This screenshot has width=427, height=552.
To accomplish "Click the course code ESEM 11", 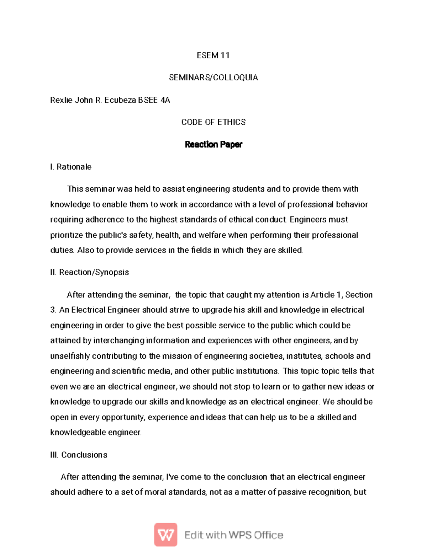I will [x=213, y=55].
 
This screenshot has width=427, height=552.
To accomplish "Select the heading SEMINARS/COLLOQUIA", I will [x=213, y=77].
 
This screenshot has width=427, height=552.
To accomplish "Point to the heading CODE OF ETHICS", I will [x=213, y=122].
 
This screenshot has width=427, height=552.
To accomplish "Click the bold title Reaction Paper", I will [x=213, y=144].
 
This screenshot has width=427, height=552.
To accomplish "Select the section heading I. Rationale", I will [x=71, y=167].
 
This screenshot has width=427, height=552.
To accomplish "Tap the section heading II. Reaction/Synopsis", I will [x=89, y=272].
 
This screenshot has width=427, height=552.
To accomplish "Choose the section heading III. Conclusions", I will [x=79, y=455].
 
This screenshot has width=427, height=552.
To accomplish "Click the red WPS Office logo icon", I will [x=165, y=535].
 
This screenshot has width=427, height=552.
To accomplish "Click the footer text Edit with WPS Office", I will [x=233, y=535].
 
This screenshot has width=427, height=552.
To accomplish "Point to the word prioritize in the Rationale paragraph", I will [x=67, y=235].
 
